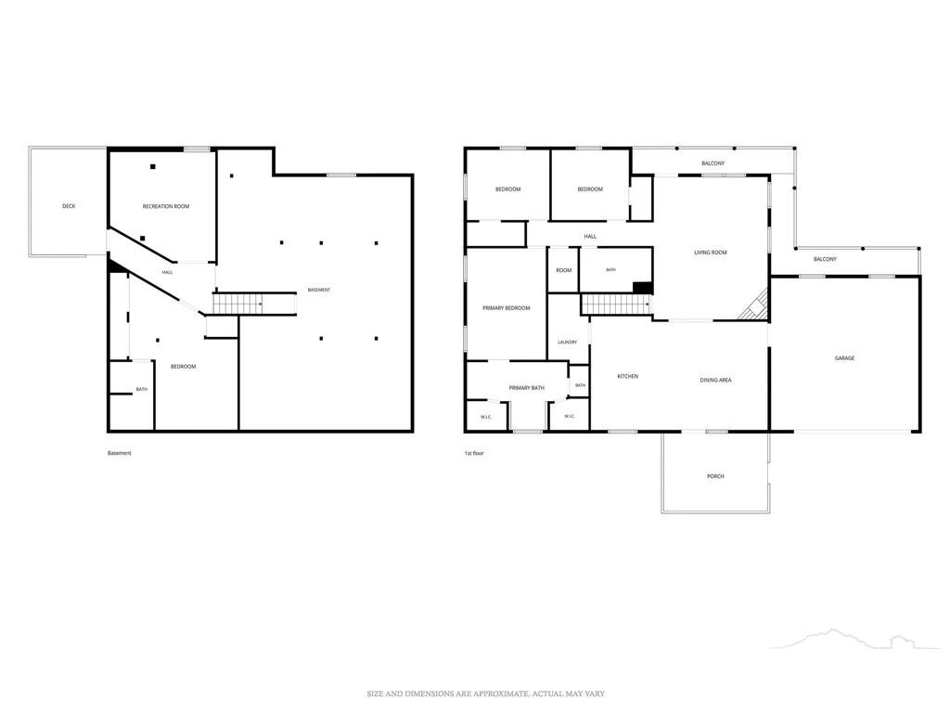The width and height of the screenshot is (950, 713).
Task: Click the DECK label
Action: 69,207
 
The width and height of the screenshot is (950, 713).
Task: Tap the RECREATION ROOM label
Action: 166,207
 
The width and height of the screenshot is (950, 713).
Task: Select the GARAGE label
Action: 844,358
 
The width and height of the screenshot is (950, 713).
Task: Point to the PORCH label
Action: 715,476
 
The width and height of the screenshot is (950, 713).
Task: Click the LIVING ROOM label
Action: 711,253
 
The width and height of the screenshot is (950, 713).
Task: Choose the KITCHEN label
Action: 628,377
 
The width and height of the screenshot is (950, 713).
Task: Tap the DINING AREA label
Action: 715,380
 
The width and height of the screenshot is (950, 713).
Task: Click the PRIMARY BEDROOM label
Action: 507,308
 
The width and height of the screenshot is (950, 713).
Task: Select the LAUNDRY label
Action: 568,343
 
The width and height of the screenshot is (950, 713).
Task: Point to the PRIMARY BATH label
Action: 527,388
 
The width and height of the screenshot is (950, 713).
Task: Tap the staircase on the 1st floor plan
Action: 617,305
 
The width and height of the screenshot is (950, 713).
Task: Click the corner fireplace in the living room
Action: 755,305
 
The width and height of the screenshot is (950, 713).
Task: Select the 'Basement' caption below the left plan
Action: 120,453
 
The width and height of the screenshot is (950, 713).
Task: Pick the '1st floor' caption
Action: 474,453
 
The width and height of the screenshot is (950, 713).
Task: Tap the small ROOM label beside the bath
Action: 564,270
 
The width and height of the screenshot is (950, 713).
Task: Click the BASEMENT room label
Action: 319,291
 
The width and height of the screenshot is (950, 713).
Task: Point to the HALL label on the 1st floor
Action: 590,237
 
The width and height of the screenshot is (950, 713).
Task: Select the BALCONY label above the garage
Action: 825,260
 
